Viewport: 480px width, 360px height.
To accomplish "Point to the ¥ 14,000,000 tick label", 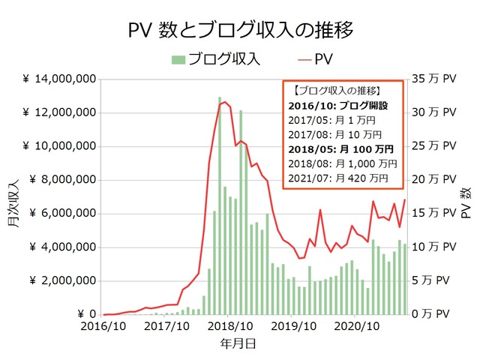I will [x=58, y=79].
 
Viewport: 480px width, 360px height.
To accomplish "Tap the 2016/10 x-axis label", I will [x=103, y=327].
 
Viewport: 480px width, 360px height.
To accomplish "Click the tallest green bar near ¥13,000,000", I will [x=220, y=206].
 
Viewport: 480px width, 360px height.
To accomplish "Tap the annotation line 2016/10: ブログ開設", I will [x=337, y=106].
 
